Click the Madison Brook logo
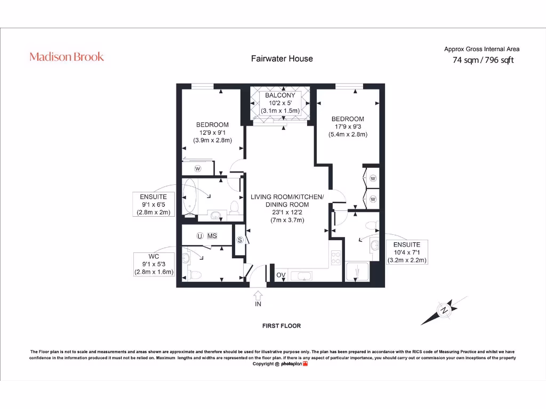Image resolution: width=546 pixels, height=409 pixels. click(67, 57)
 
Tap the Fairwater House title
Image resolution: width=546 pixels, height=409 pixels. click(282, 59)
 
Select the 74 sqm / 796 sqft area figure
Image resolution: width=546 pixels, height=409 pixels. click(483, 60)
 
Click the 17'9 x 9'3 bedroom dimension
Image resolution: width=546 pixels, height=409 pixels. click(348, 127)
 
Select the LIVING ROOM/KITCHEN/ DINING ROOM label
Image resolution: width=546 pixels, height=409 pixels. click(287, 201)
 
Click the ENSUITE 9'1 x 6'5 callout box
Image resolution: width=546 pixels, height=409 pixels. click(154, 204)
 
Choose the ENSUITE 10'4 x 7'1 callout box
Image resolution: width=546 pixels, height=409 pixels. click(407, 252)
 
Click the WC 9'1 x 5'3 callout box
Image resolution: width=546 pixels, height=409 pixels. click(154, 264)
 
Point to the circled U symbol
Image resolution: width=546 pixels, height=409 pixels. click(199, 236)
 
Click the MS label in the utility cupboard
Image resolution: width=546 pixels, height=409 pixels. click(212, 236)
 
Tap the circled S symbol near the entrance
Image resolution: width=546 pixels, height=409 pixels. click(240, 240)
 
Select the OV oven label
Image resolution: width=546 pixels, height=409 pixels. click(280, 275)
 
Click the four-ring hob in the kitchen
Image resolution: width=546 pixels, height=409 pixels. click(336, 259)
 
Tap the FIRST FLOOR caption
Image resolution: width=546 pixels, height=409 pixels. click(282, 325)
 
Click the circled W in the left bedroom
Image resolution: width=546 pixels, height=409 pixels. click(197, 169)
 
